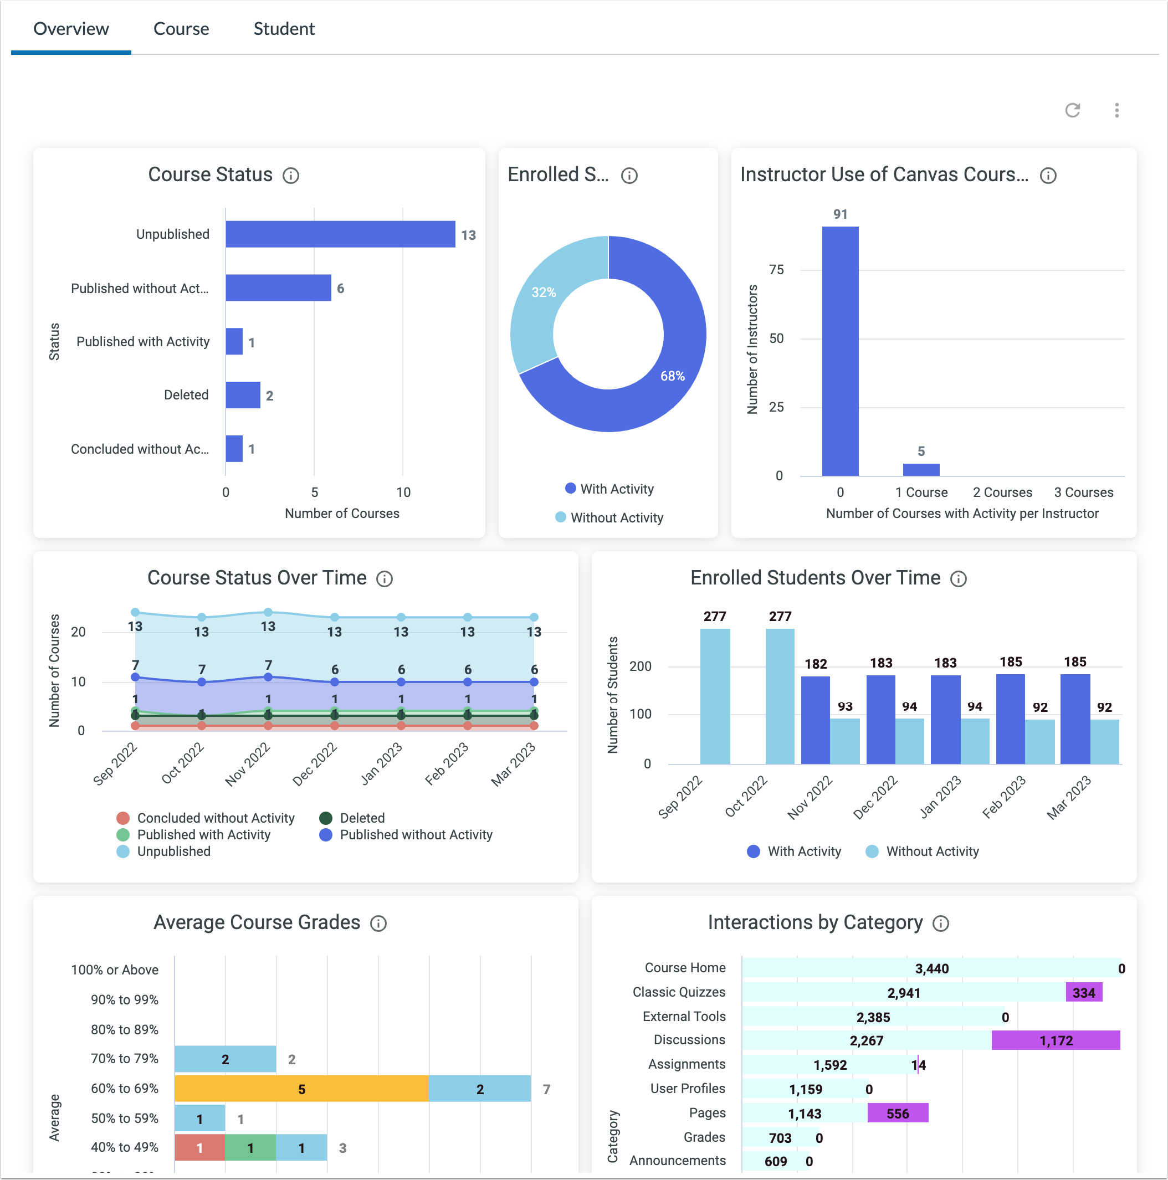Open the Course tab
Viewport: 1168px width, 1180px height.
coord(181,29)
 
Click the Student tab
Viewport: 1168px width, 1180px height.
coord(284,29)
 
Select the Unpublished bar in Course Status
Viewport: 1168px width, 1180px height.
coord(340,234)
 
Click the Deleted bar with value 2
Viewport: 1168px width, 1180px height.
coord(243,395)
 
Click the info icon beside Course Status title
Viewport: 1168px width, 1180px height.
coord(291,176)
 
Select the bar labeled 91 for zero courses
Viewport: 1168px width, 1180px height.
coord(840,351)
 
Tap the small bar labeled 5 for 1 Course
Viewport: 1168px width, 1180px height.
coord(920,470)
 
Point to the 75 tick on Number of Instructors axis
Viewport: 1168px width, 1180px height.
coord(776,270)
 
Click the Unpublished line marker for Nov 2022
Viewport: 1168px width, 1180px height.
coord(268,612)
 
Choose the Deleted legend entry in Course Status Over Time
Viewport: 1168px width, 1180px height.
coord(362,818)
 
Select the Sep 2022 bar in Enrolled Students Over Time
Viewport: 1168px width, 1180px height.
coord(714,696)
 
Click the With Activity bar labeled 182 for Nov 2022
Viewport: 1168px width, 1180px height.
coord(815,720)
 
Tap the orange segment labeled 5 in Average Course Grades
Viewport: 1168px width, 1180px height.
coord(301,1089)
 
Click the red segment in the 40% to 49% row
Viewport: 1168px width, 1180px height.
coord(199,1148)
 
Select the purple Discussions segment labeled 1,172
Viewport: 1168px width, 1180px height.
coord(1055,1040)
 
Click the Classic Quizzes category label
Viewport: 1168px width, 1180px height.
coord(678,992)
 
